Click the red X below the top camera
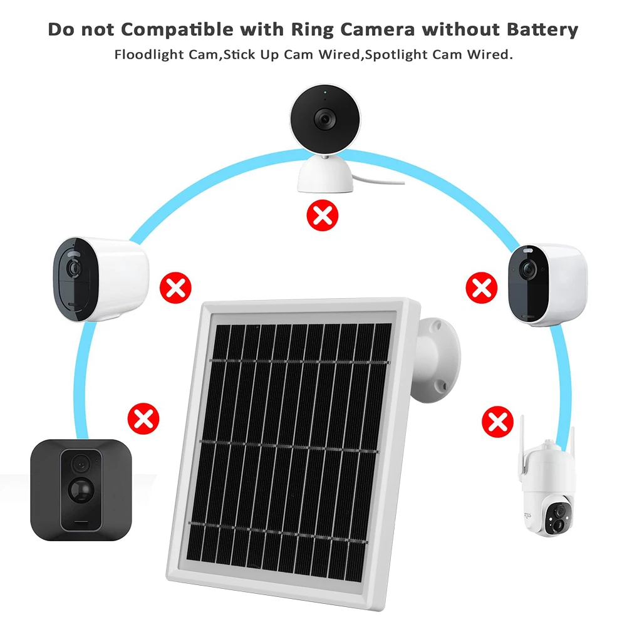point(322,217)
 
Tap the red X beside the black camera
point(143,418)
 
